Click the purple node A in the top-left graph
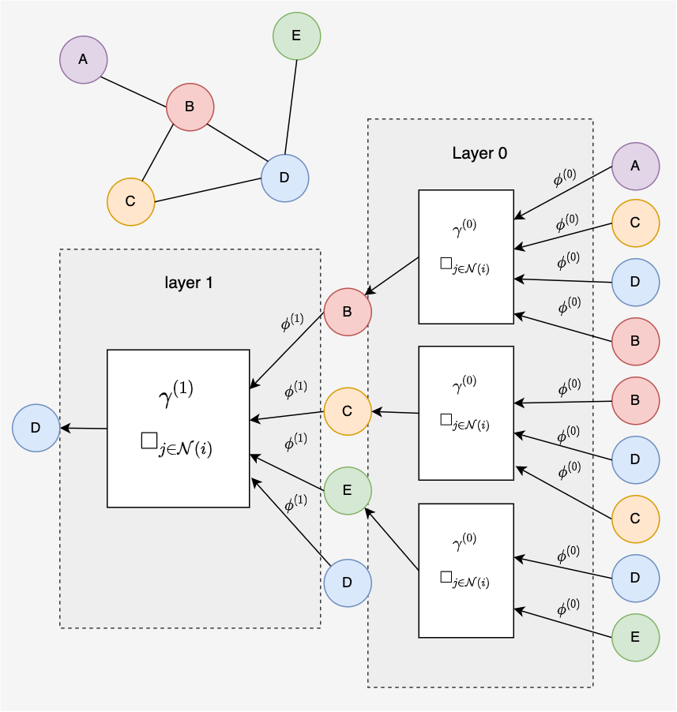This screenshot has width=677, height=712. coord(84,59)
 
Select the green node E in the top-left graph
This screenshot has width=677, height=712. coord(297,36)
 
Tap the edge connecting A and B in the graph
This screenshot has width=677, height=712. coord(134,92)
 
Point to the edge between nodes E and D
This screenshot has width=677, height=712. coord(291,107)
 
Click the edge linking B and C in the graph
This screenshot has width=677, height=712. coord(158,152)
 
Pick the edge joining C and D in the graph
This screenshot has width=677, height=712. coord(208,189)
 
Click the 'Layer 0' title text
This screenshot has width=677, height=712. coord(480,153)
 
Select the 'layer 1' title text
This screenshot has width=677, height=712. coord(189,283)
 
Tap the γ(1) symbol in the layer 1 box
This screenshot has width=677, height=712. coord(176,393)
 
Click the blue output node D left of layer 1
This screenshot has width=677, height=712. coord(36,428)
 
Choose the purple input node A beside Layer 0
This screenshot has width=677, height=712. coord(636,167)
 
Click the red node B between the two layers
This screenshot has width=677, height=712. coord(348,312)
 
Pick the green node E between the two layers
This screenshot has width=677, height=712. coord(348,490)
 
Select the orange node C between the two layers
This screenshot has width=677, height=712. coord(348,411)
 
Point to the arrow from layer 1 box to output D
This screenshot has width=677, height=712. coord(84,428)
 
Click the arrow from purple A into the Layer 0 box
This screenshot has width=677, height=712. coord(563,193)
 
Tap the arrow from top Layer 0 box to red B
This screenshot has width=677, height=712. coord(392,276)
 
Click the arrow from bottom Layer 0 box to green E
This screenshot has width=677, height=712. coord(392,539)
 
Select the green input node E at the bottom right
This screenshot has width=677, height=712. coord(636,638)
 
